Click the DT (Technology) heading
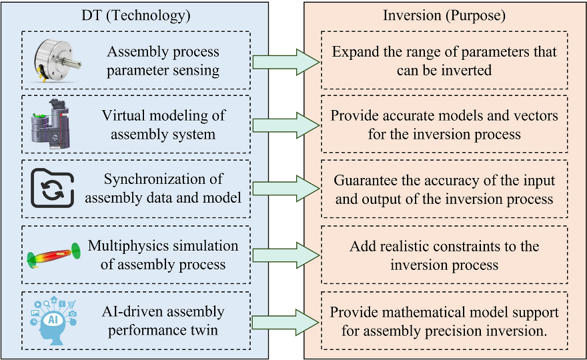coord(136,15)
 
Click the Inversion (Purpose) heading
coord(444,15)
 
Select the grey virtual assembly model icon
coord(51,124)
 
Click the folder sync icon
coord(53,188)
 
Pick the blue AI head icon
coord(53,321)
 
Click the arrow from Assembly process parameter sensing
coord(286,62)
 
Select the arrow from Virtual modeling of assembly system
coord(286,125)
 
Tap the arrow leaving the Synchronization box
coord(286,189)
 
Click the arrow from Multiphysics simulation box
coord(286,255)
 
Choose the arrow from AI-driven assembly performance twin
coord(286,322)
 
